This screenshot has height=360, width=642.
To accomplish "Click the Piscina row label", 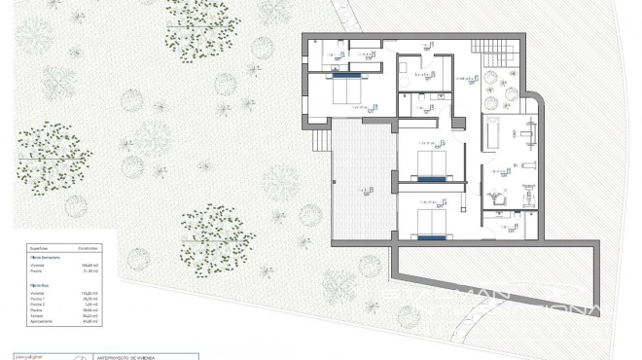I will pos(37,310).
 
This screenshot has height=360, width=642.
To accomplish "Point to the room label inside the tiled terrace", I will pos(362,190).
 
